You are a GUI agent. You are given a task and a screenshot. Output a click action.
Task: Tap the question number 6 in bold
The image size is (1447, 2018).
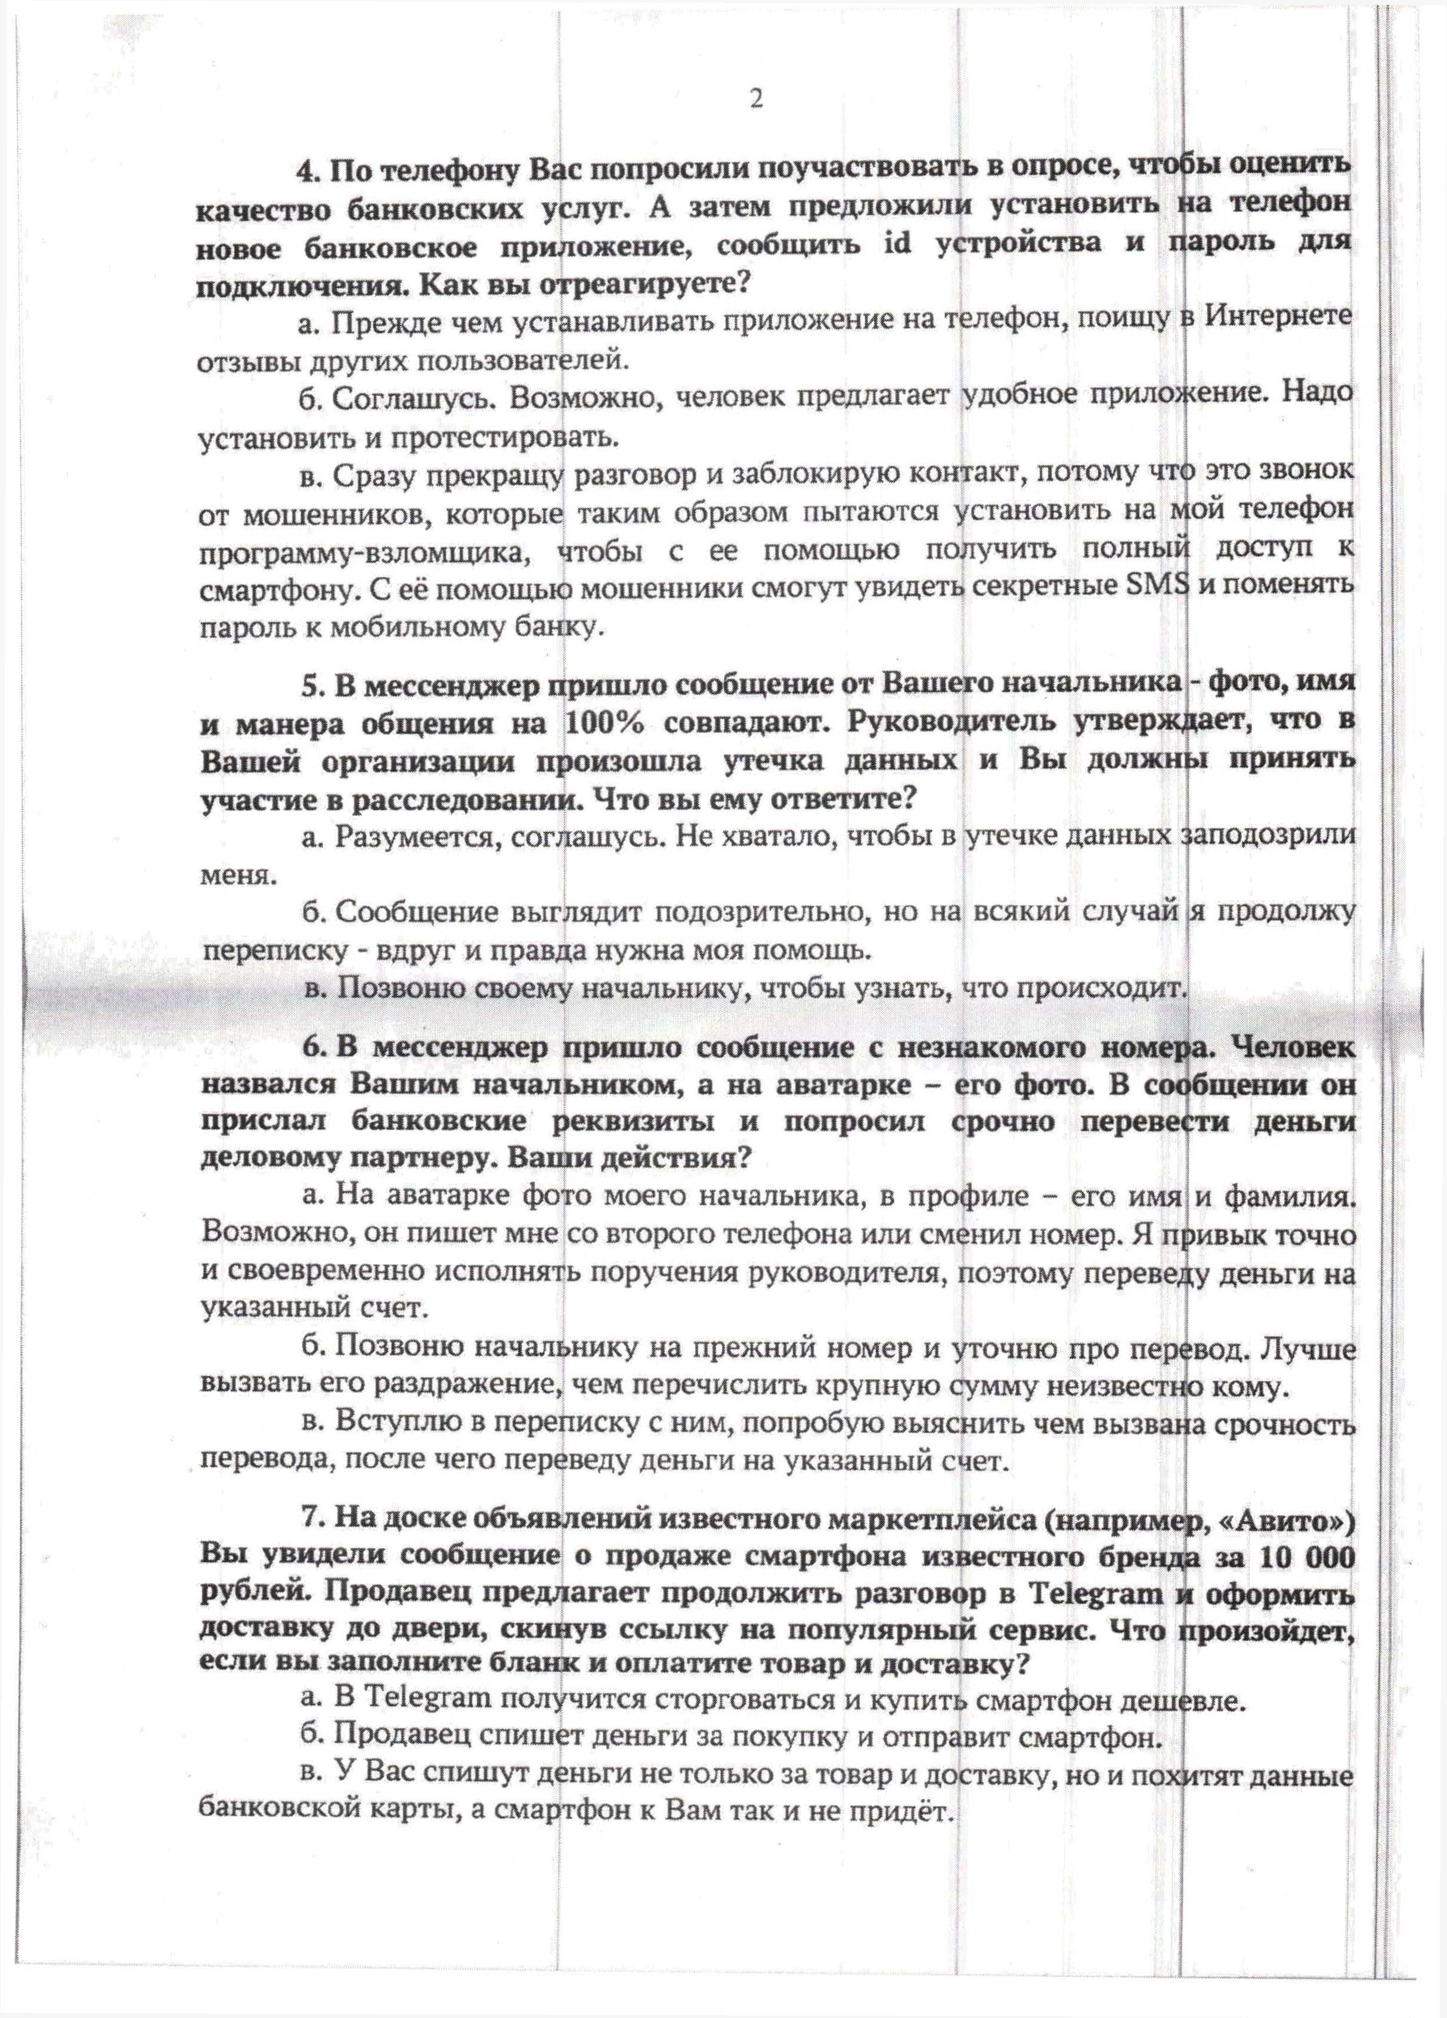311,1049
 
